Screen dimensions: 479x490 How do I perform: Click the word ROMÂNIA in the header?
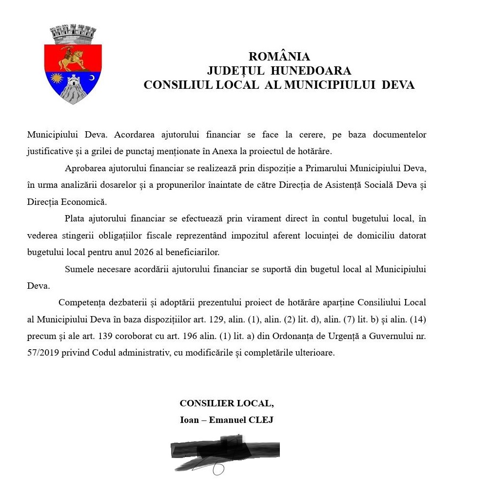[279, 57]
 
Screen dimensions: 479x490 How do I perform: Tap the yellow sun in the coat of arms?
[58, 78]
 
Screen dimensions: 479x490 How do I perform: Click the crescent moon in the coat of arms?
[91, 78]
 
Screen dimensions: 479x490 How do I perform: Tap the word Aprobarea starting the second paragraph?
[84, 168]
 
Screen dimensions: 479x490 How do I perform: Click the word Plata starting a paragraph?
[75, 219]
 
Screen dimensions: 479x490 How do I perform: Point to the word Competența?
[82, 302]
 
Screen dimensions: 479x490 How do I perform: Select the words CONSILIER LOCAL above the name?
[226, 403]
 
